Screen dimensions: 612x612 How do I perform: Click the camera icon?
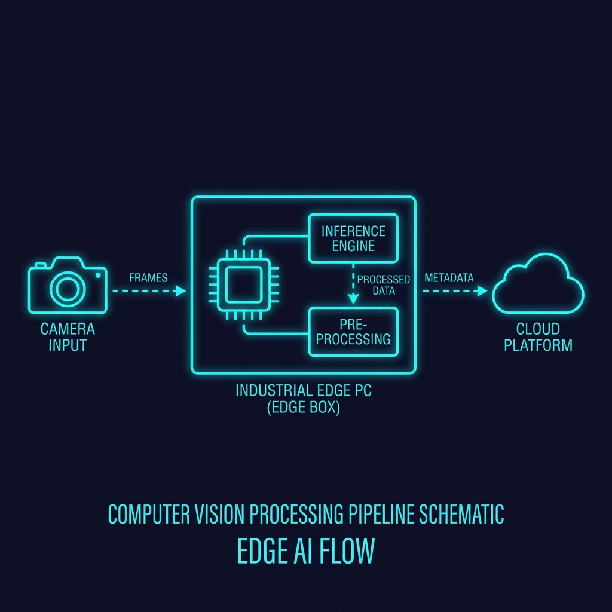tap(68, 285)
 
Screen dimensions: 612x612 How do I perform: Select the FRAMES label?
tap(148, 278)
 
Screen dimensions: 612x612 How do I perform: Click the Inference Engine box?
tap(353, 238)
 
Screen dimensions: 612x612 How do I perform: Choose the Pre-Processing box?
tap(353, 332)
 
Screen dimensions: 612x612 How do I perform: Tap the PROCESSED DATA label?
tap(383, 284)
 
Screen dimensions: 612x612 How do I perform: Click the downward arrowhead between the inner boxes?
tap(353, 299)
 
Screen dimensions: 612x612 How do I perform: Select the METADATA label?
tap(449, 278)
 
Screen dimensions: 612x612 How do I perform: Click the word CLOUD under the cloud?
tap(538, 329)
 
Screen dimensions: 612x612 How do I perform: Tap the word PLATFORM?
tap(538, 345)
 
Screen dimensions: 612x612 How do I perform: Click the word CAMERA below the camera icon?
tap(68, 329)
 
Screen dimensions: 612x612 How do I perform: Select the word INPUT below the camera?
tap(68, 345)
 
